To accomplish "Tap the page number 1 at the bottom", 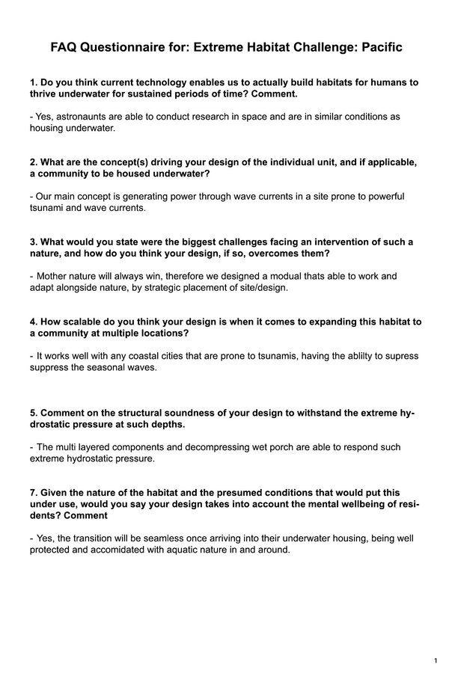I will click(x=435, y=661).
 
